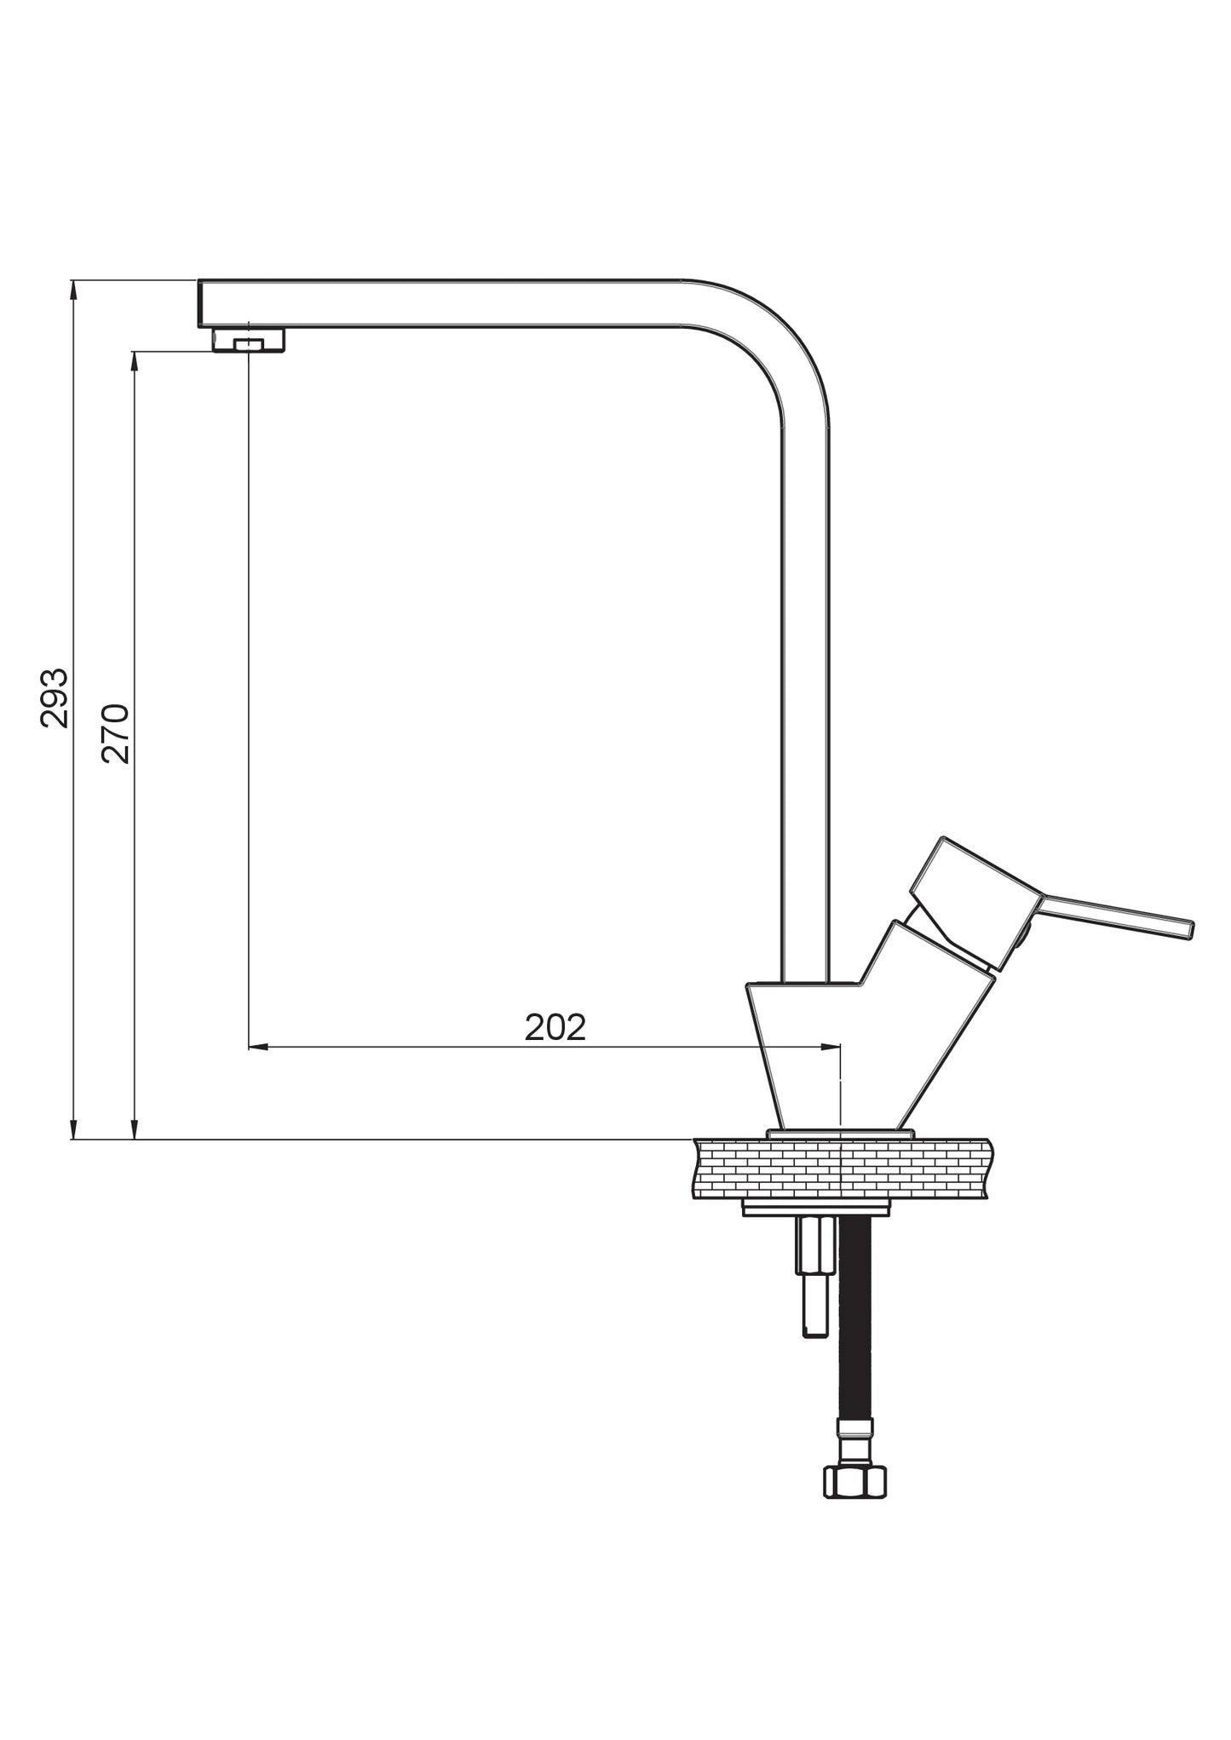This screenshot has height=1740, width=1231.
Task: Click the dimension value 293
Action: pyautogui.click(x=55, y=698)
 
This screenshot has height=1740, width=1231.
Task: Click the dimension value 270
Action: pyautogui.click(x=116, y=733)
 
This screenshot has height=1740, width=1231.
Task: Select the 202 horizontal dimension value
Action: pyautogui.click(x=555, y=1027)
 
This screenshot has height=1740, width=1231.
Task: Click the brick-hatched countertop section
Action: pyautogui.click(x=841, y=1169)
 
